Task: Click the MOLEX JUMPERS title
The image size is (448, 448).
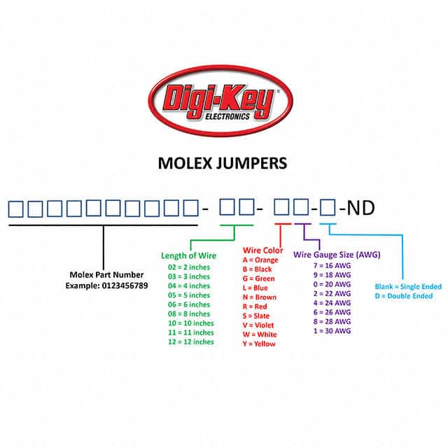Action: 222,164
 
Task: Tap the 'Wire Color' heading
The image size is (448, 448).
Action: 262,251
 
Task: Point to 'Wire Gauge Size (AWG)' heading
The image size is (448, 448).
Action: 336,255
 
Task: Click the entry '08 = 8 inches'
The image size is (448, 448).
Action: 189,314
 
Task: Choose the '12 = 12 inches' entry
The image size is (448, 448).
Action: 190,342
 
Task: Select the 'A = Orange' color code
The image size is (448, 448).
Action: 260,260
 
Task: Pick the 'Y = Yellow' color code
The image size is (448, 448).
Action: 260,344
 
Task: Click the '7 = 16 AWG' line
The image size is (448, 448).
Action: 332,265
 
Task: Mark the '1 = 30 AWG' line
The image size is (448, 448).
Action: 332,330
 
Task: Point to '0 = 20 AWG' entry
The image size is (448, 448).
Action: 332,284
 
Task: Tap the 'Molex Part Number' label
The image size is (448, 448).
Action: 106,275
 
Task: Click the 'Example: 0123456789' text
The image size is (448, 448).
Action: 106,286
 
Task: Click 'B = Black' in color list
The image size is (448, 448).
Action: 258,269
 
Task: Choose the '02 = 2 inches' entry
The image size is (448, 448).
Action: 189,267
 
